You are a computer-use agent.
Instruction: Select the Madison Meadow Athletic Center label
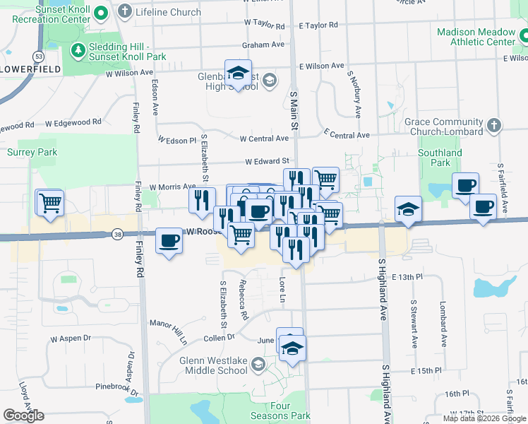point(476,37)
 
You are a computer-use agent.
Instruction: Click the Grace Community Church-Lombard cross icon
point(494,126)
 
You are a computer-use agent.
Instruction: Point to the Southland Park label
point(439,158)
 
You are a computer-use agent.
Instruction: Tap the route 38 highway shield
point(117,233)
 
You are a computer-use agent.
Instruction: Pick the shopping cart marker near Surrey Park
point(49,203)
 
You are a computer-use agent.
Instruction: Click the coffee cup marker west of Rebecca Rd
point(169,240)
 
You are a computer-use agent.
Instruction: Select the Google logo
point(24,416)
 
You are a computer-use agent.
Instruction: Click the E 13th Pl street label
point(407,277)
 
